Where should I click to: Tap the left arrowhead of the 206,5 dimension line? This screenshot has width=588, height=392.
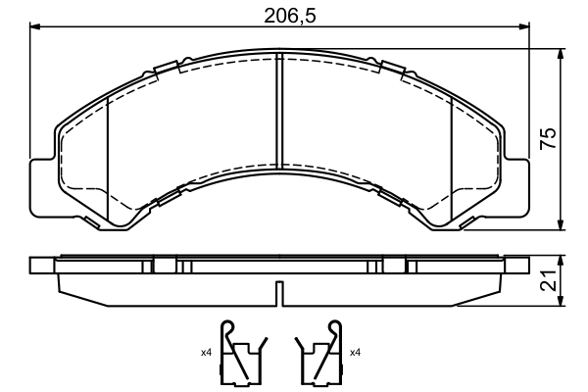pyautogui.click(x=37, y=29)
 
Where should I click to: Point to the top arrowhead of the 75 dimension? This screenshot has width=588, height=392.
pyautogui.click(x=560, y=51)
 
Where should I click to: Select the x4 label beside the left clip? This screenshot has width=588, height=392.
pyautogui.click(x=206, y=352)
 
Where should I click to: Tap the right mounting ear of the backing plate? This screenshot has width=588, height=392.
pyautogui.click(x=519, y=186)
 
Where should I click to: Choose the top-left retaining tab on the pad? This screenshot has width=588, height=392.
pyautogui.click(x=166, y=68)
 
